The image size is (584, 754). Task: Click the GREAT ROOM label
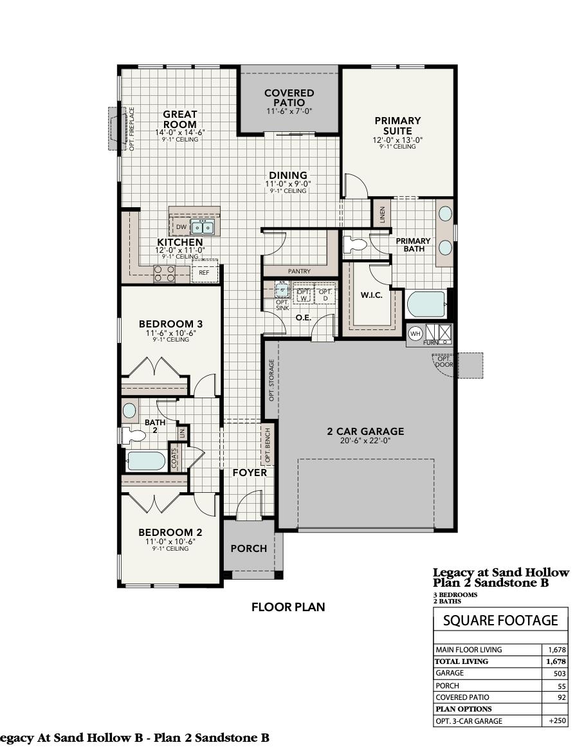[x=179, y=119]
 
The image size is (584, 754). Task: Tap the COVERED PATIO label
[x=289, y=98]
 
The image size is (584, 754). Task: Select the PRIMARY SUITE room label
[x=397, y=125]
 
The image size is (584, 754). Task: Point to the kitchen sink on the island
[x=204, y=227]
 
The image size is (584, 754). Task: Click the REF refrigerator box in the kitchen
[x=204, y=273]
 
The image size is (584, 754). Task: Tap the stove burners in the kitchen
[x=165, y=274]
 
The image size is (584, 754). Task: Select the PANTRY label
[x=299, y=271]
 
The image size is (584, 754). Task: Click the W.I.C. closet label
[x=371, y=295]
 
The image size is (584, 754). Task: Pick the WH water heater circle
[x=415, y=333]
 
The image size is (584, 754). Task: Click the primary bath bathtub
[x=426, y=304]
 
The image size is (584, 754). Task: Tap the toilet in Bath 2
[x=133, y=435]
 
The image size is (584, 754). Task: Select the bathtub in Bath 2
[x=145, y=461]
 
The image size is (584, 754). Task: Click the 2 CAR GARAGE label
[x=365, y=432]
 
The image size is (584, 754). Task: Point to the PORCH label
[x=248, y=548]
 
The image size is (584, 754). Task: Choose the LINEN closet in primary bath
[x=381, y=213]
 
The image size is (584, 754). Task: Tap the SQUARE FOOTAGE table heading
[x=500, y=620]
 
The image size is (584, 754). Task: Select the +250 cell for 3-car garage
[x=556, y=721]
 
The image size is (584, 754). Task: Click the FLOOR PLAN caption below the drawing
[x=288, y=607]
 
